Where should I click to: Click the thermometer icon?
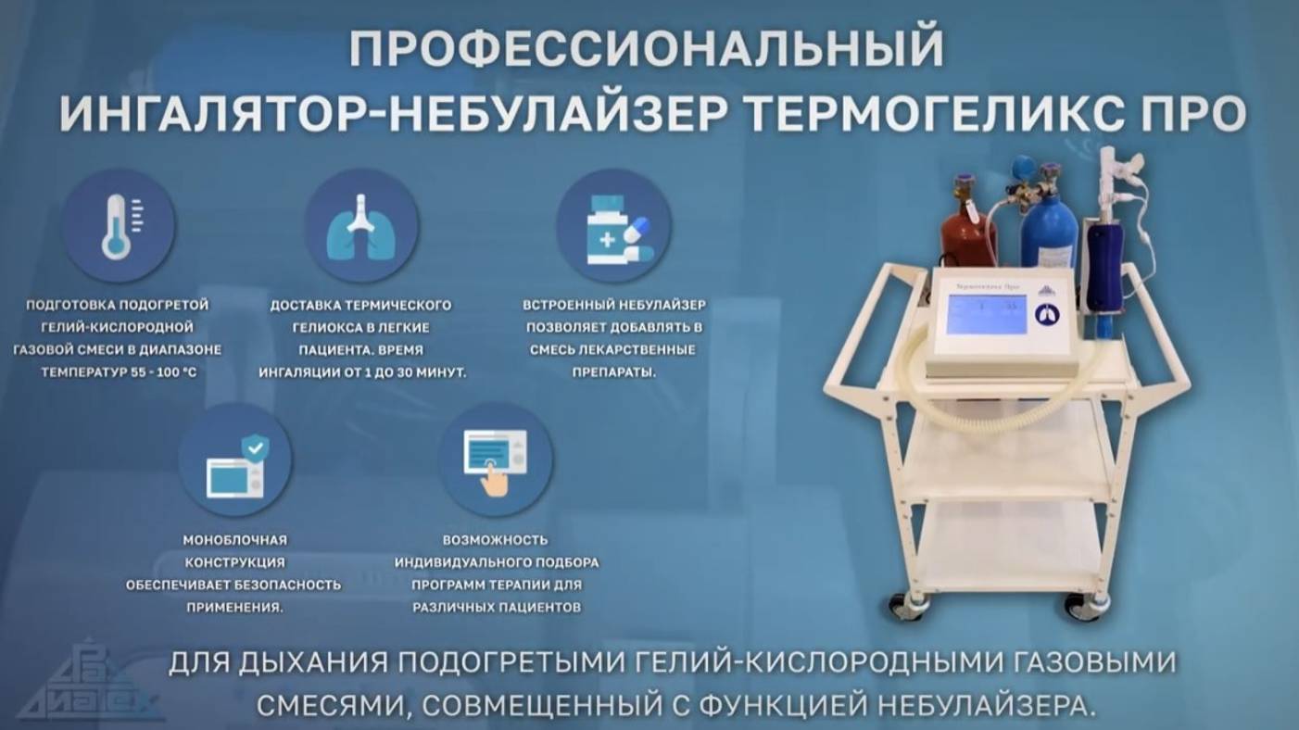(118, 224)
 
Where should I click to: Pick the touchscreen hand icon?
(495, 459)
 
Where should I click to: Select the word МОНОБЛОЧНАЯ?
(234, 540)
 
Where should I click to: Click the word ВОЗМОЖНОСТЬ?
(496, 540)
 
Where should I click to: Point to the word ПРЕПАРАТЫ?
(612, 372)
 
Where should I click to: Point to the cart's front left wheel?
(902, 604)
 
